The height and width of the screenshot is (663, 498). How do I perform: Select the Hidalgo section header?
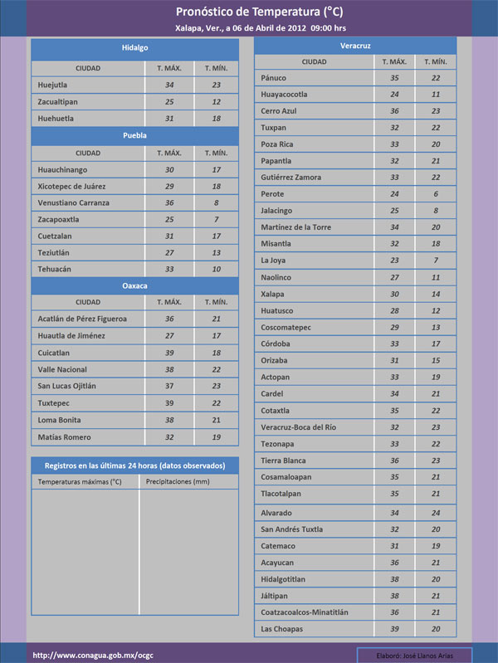[x=134, y=48]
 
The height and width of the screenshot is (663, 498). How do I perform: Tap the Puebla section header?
[x=134, y=134]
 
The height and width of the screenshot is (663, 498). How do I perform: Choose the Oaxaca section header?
[x=134, y=285]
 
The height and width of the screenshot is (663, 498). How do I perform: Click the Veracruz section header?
[x=355, y=44]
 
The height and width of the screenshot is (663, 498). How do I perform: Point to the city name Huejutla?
[x=53, y=85]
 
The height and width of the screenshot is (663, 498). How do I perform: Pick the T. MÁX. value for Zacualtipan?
[x=169, y=101]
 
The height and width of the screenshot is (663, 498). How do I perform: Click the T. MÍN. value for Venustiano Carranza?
[x=216, y=202]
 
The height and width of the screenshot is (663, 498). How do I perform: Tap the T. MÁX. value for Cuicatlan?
[x=169, y=353]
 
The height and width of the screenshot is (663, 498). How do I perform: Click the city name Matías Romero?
[x=64, y=436]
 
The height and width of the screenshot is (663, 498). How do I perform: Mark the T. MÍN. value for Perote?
[x=435, y=194]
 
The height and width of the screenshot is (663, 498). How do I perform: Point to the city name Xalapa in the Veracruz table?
[x=272, y=294]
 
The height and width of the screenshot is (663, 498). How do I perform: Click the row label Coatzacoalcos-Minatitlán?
[x=304, y=612]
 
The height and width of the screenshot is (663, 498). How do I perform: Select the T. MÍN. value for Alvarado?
[x=435, y=512]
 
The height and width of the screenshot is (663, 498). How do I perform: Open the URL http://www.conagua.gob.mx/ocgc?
[x=93, y=655]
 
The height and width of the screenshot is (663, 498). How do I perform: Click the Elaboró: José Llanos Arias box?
[x=413, y=655]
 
